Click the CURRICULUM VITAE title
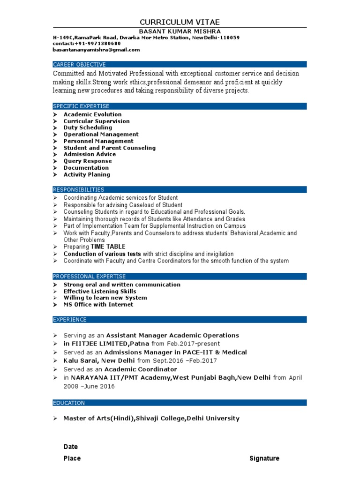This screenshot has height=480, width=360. click(180, 22)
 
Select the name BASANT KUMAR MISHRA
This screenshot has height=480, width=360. click(180, 31)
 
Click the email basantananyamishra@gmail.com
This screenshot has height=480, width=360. click(96, 50)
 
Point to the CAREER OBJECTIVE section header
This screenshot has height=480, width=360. click(79, 64)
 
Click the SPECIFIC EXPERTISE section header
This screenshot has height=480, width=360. click(81, 106)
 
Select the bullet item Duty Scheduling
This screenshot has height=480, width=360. click(88, 127)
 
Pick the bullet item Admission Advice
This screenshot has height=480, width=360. click(90, 154)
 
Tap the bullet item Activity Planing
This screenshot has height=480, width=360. click(87, 174)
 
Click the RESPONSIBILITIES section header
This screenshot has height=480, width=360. click(78, 189)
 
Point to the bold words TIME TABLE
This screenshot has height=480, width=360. click(108, 247)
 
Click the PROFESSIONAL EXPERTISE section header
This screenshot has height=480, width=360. click(89, 277)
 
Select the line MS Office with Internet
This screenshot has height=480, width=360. click(98, 305)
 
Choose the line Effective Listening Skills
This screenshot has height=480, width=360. click(100, 291)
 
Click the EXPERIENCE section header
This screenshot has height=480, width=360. click(70, 319)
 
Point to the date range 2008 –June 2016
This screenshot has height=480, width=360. click(89, 387)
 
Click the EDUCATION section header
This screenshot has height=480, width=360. click(69, 403)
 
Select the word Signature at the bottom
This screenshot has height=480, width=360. click(264, 458)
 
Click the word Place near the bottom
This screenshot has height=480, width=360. click(72, 458)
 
